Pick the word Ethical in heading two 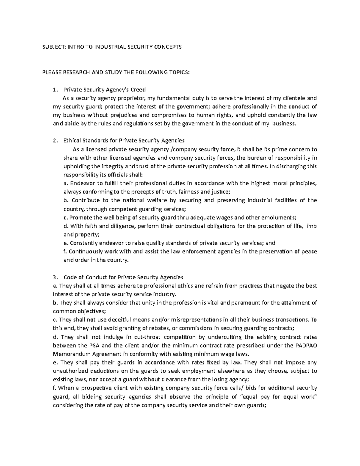click(x=72, y=140)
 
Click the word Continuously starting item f click(x=84, y=251)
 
